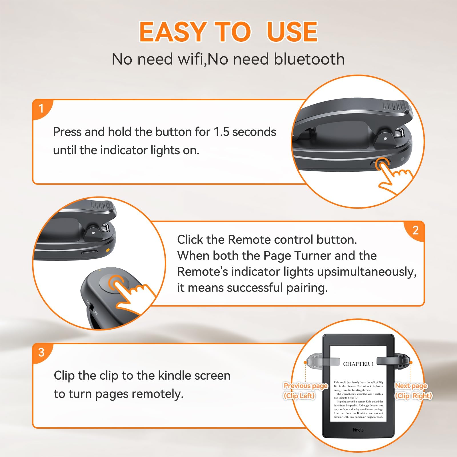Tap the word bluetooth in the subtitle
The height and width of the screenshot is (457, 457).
(309, 59)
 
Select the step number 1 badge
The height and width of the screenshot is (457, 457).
(41, 109)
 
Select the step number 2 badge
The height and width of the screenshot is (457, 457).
(415, 230)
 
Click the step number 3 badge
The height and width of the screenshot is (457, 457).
(41, 352)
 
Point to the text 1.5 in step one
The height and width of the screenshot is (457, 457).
(221, 132)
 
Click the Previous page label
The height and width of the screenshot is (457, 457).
(305, 386)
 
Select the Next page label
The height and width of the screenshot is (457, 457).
(411, 386)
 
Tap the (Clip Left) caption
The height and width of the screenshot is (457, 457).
(299, 396)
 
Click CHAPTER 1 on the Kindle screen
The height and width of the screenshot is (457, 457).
(358, 364)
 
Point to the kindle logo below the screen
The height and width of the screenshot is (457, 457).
(358, 430)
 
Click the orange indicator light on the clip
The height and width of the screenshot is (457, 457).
(108, 250)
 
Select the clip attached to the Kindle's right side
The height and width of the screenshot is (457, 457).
(394, 361)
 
